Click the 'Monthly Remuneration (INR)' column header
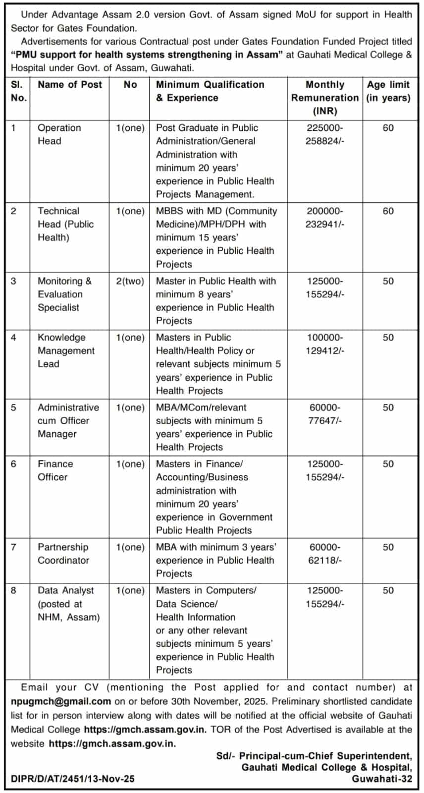coord(324,98)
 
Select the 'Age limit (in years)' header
coord(388,91)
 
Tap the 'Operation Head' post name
coord(59,134)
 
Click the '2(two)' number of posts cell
coord(130,281)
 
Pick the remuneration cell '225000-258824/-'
coord(324,134)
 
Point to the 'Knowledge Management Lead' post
coord(66,350)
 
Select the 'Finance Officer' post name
coord(55,470)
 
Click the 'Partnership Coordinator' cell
coord(63,554)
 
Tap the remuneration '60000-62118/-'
coord(324,554)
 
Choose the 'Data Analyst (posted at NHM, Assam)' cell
coord(68,604)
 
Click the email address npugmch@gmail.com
coord(61,701)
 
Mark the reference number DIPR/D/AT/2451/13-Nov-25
coord(72,779)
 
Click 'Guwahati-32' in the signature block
coord(381,779)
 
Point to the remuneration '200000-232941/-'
coord(324,218)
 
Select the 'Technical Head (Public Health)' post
coord(65,224)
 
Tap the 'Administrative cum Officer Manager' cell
coord(68,420)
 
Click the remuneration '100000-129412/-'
coord(324,344)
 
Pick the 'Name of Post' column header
coord(70,85)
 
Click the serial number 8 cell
coord(13,590)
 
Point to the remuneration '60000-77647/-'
coord(324,414)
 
